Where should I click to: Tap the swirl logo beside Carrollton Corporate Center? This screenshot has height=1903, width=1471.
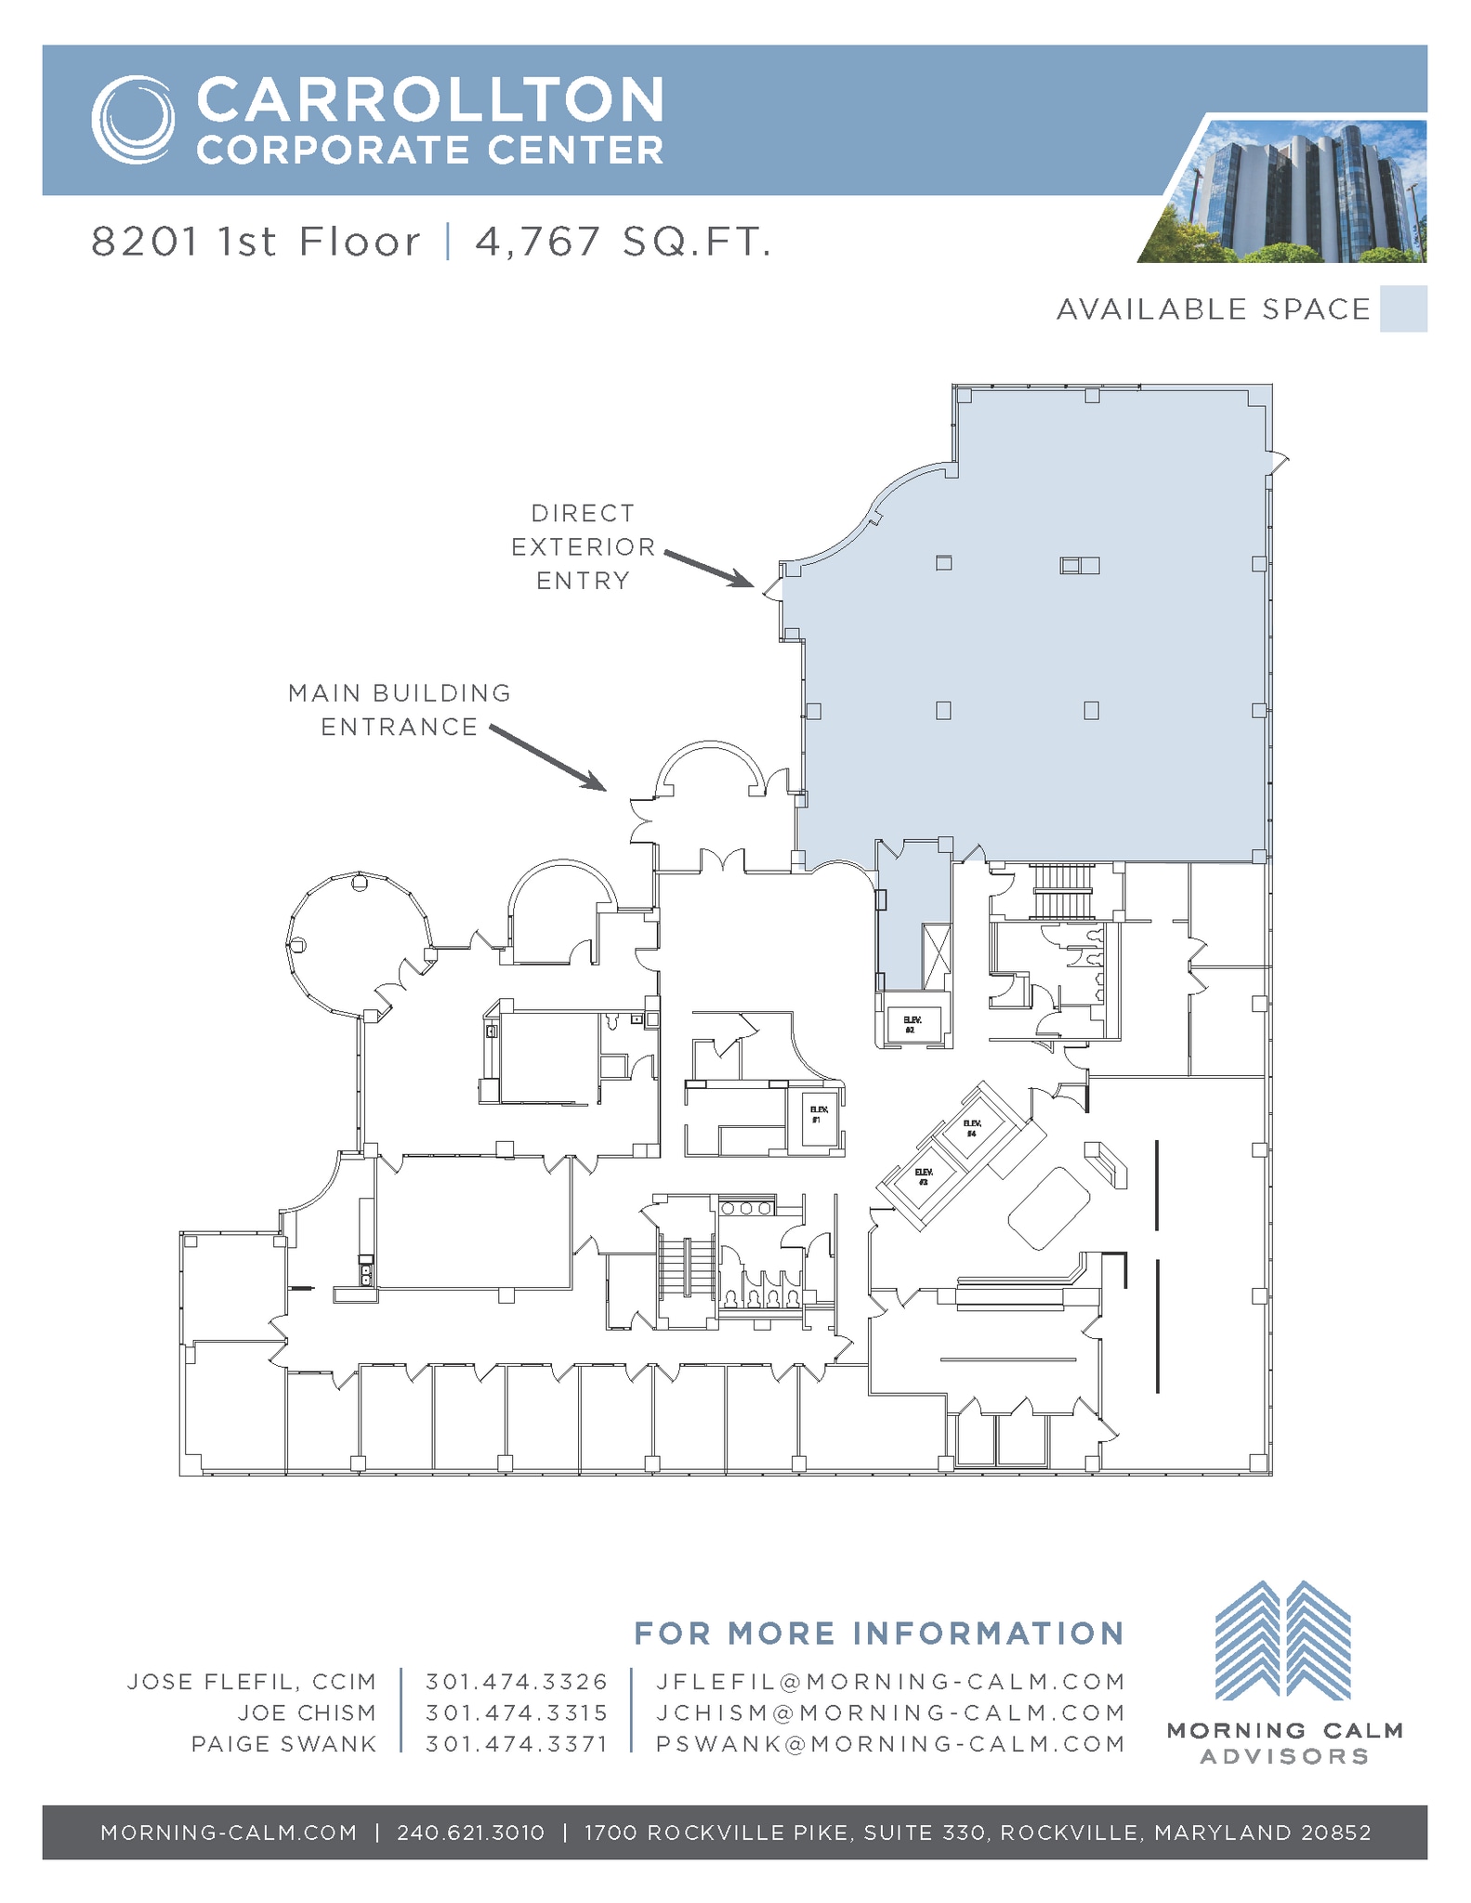tap(133, 120)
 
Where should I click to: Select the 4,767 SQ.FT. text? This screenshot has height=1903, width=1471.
tap(623, 243)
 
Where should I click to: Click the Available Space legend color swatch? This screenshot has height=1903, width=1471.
tap(1402, 309)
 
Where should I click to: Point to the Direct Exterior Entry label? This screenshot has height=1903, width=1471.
tap(583, 546)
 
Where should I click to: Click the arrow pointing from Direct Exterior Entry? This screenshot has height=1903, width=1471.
tap(708, 569)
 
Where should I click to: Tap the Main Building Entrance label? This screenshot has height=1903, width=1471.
tap(400, 710)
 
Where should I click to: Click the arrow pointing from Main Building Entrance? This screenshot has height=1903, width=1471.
tap(548, 757)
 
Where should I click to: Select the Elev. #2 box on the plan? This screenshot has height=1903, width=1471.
tap(914, 1023)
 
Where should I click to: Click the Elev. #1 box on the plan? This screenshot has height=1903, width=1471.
tap(818, 1120)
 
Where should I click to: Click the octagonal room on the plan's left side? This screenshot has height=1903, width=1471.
tap(358, 942)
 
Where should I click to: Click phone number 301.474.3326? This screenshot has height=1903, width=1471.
tap(517, 1682)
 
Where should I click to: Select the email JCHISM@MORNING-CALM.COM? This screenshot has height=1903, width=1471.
tap(890, 1713)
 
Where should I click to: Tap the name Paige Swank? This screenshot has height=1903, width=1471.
tap(283, 1744)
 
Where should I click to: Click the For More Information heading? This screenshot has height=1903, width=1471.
tap(878, 1633)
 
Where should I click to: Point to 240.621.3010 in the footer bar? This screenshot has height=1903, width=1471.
tap(470, 1832)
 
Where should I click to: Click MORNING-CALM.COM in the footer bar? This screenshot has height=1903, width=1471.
tap(229, 1832)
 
